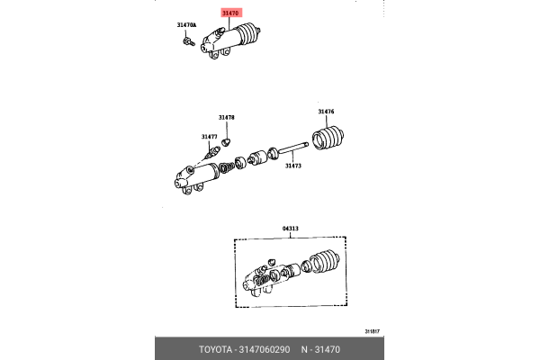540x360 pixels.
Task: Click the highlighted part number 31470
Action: [x=232, y=14]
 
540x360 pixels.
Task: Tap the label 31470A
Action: [x=184, y=24]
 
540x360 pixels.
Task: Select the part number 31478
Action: [x=225, y=118]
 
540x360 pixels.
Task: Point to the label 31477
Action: [x=209, y=137]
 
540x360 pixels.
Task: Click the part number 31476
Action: [x=325, y=112]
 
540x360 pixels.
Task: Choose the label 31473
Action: [x=293, y=165]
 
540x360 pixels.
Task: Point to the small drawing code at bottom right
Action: [x=373, y=330]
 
